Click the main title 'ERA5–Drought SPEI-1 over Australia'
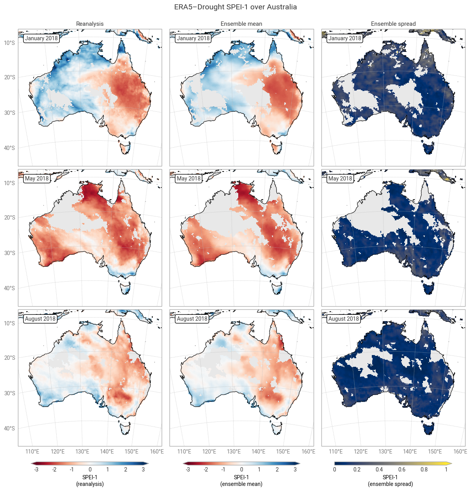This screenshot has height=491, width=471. click(x=235, y=7)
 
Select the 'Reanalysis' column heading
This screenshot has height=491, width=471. click(x=90, y=24)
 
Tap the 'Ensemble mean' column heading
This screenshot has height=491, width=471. click(x=241, y=24)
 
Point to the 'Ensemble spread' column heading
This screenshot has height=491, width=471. click(x=393, y=24)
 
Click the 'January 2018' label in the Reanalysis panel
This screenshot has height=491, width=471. click(x=41, y=38)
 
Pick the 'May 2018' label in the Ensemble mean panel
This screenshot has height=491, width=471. click(x=189, y=179)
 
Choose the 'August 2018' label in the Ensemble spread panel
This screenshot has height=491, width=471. click(x=344, y=319)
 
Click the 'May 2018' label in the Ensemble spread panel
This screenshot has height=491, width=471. click(x=340, y=179)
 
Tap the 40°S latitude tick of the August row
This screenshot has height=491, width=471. click(x=9, y=428)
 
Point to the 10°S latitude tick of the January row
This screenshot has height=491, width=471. click(x=9, y=43)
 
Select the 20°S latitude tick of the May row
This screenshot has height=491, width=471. click(x=9, y=218)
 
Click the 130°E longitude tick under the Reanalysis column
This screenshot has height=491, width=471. click(x=82, y=452)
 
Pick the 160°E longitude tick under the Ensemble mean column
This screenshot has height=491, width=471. click(x=308, y=452)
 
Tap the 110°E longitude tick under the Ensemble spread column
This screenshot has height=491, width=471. click(x=335, y=452)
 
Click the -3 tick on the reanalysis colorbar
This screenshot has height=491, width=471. click(x=36, y=470)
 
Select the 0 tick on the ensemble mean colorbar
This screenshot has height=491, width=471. click(x=241, y=470)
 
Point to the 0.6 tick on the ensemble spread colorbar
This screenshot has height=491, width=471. click(x=401, y=470)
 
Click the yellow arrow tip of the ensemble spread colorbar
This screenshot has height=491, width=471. click(x=451, y=463)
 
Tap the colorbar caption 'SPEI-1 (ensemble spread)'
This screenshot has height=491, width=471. click(x=390, y=480)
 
